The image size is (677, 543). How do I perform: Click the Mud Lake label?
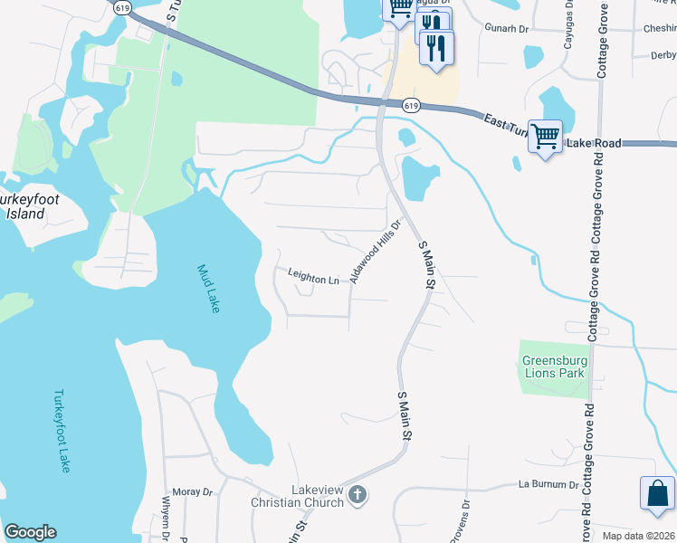click(x=209, y=289)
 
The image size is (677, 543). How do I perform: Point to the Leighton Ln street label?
click(x=313, y=279)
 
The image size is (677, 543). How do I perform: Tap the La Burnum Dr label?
click(x=547, y=484)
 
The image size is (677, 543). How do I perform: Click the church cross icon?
click(x=358, y=495)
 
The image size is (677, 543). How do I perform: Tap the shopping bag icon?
click(x=657, y=494)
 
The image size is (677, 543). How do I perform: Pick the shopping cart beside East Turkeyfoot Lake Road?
click(x=545, y=138)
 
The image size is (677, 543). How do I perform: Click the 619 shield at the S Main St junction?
click(x=411, y=106)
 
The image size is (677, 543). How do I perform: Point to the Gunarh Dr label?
click(x=506, y=28)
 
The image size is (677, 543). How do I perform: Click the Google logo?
click(x=30, y=532)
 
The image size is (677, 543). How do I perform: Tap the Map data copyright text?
click(x=639, y=536)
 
